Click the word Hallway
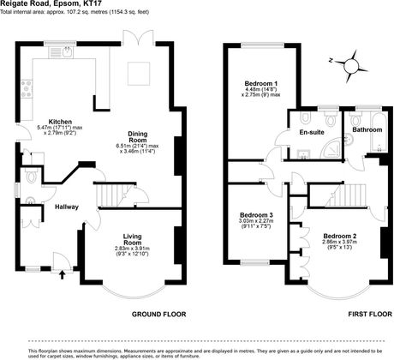[68, 207]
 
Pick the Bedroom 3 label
[257, 214]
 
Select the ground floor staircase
[111, 196]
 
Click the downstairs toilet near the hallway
[31, 177]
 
